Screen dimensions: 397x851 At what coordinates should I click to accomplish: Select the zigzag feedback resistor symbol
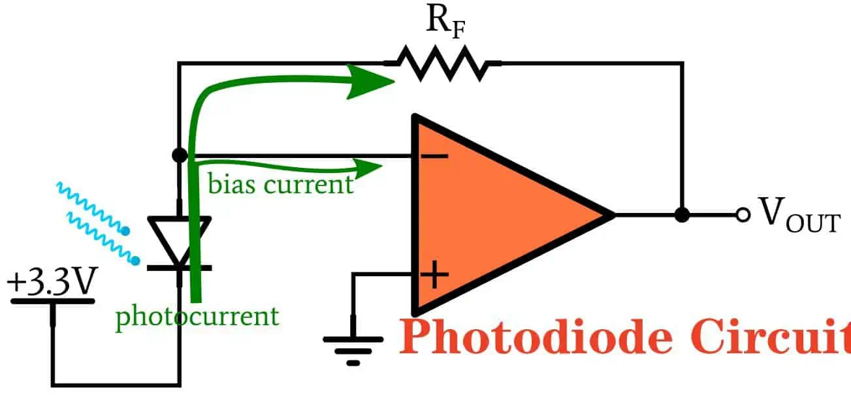(x=442, y=63)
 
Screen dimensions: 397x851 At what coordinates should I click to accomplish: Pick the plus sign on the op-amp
(x=434, y=275)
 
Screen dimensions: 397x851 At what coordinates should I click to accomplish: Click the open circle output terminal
(x=742, y=215)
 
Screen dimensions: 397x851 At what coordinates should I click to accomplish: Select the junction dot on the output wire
(x=682, y=215)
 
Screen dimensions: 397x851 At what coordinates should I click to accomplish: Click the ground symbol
(x=353, y=347)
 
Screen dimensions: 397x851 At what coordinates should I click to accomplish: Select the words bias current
(x=280, y=184)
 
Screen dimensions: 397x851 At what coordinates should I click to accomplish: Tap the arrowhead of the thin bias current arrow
(x=370, y=167)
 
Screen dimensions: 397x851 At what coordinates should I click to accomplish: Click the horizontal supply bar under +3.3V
(x=53, y=302)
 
